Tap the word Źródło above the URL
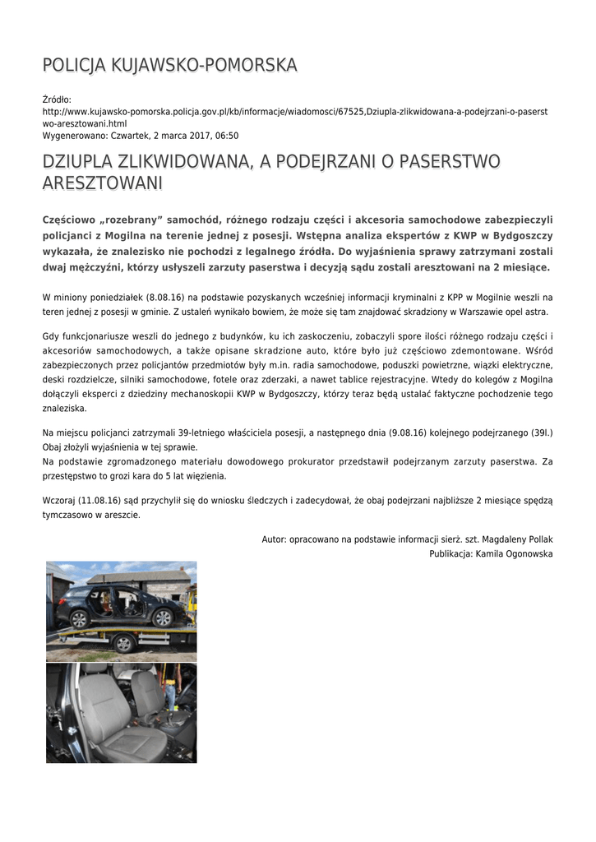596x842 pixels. point(57,99)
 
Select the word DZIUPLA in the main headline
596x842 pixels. point(79,162)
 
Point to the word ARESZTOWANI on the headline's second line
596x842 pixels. point(102,183)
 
